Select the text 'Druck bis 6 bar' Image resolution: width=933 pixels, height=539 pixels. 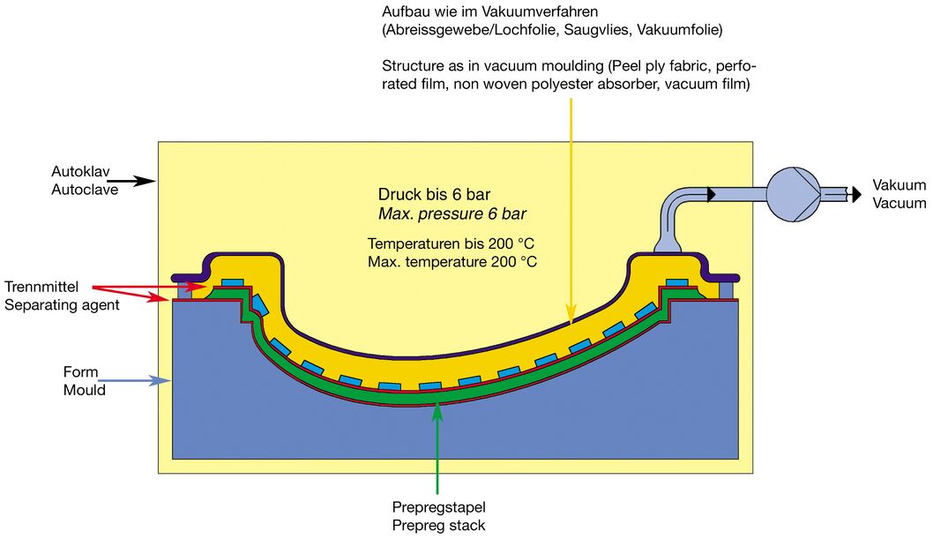[434, 195]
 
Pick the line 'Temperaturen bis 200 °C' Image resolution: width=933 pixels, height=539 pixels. [452, 243]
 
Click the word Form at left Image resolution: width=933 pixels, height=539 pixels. [79, 371]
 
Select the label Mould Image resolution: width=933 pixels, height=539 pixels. [83, 389]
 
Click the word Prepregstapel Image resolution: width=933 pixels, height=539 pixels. [438, 508]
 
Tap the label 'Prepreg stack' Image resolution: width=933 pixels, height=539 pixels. [438, 526]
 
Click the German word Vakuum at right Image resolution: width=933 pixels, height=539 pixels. [899, 185]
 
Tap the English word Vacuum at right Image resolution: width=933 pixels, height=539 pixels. [899, 203]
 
